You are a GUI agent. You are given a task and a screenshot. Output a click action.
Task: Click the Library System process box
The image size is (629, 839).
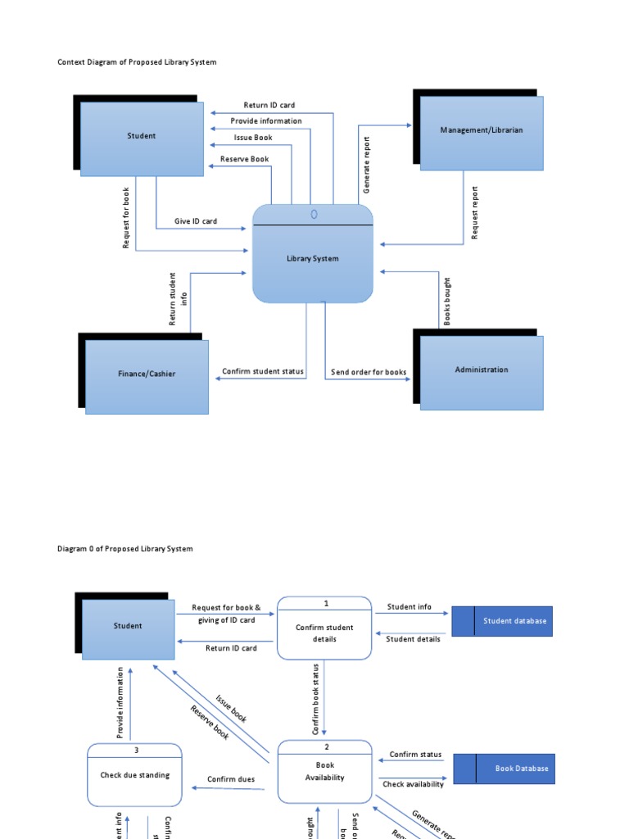(312, 259)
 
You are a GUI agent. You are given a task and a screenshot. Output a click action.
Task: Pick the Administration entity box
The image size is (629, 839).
(481, 371)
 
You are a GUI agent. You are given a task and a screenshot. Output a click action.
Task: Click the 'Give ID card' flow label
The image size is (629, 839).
(196, 221)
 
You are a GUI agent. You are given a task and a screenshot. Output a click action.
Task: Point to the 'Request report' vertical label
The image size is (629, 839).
(474, 212)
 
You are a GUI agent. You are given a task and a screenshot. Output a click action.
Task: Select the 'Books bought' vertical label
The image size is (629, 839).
(447, 302)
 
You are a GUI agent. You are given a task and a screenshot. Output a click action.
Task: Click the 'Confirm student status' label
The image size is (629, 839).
(263, 372)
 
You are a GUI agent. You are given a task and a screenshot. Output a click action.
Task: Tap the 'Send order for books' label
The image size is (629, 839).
(369, 372)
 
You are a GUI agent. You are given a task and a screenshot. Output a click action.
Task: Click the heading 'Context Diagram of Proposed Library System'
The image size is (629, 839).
(137, 62)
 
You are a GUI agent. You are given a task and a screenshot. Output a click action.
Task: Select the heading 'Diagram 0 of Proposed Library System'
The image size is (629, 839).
(125, 549)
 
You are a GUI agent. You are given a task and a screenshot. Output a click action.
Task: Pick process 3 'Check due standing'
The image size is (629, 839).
(135, 775)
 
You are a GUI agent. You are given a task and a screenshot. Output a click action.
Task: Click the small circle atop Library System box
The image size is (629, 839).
(314, 214)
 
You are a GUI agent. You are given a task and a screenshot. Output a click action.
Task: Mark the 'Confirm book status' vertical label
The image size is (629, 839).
(316, 699)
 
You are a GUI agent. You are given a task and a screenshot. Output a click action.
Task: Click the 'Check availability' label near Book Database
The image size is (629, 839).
(414, 784)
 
